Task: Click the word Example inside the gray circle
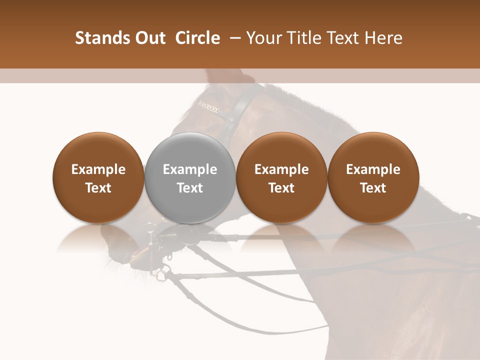(190, 169)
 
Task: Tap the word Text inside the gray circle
(190, 188)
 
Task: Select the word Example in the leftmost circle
(98, 169)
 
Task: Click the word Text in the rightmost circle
(373, 188)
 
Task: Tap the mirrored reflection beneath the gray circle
(190, 237)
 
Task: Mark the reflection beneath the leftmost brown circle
(98, 237)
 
